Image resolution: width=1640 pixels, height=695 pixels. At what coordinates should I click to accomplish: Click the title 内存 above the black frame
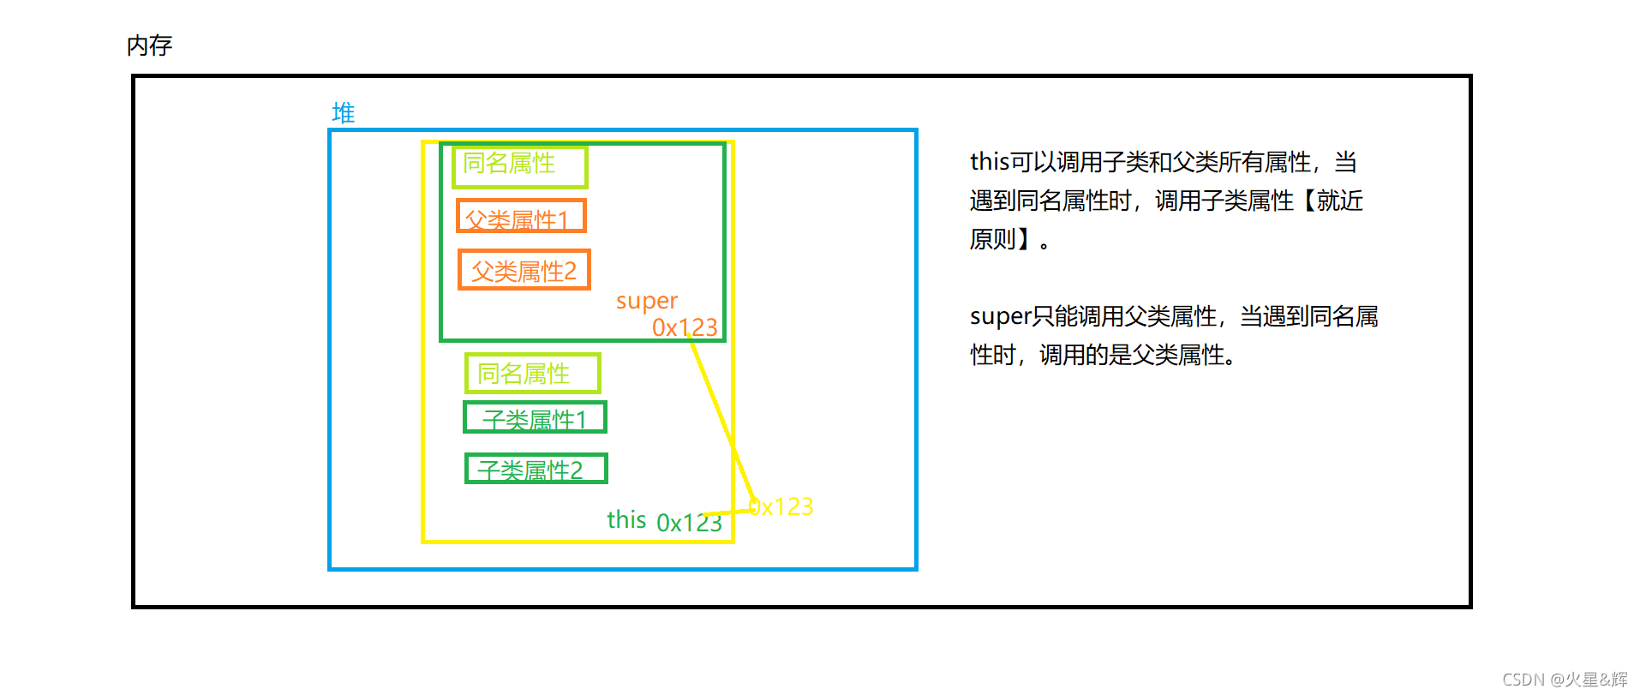(x=149, y=45)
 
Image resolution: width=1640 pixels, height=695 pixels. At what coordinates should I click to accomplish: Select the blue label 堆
(x=343, y=113)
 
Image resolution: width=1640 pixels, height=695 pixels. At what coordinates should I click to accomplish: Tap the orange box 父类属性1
(x=521, y=217)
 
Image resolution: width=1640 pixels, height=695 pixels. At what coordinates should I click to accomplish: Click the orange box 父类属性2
(x=524, y=271)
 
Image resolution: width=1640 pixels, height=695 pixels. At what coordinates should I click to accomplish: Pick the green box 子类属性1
(x=535, y=418)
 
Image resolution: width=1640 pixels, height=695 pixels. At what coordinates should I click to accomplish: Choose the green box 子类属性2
(x=536, y=469)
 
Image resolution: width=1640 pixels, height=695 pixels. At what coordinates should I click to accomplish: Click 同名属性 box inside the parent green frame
(x=519, y=165)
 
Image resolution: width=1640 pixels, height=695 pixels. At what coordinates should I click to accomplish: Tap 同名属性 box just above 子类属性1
(x=531, y=374)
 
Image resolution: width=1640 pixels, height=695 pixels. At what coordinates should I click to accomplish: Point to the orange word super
(x=646, y=301)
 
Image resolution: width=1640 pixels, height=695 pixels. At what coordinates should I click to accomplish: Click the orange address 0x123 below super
(x=684, y=327)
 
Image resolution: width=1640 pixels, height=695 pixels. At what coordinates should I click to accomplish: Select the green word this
(x=626, y=519)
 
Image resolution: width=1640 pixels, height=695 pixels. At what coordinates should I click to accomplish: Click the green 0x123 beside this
(x=688, y=523)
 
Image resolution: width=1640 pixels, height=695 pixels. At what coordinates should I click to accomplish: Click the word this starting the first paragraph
(x=989, y=162)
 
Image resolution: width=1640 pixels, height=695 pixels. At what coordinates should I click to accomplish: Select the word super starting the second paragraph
(x=999, y=316)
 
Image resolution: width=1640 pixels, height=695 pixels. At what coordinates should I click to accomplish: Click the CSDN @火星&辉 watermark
(x=1565, y=680)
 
